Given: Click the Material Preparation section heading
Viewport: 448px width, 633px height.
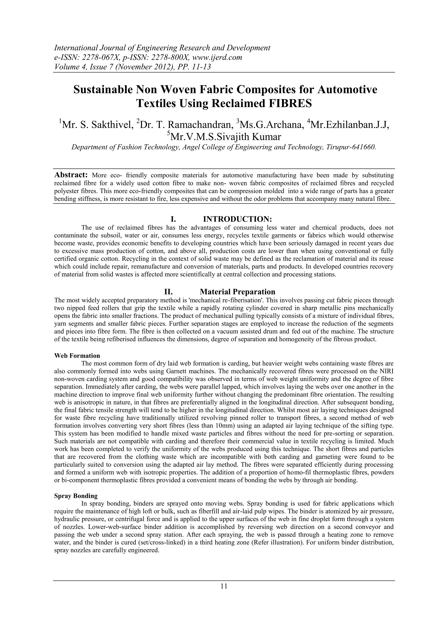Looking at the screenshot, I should tap(237, 292).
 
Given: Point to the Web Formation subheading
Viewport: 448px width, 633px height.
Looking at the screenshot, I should tap(77, 355).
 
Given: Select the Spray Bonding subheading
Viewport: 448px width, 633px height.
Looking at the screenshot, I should tap(76, 496).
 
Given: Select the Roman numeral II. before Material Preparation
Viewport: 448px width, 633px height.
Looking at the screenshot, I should tap(168, 292).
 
